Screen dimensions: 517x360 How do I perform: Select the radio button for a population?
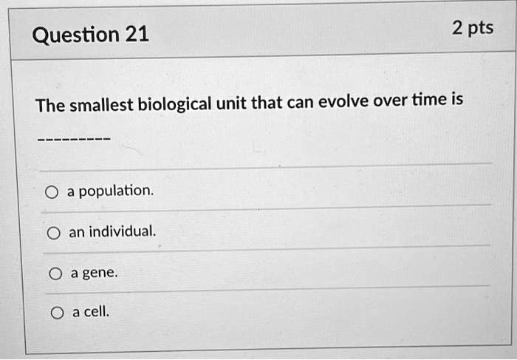click(x=52, y=192)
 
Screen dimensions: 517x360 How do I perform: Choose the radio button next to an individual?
click(x=54, y=233)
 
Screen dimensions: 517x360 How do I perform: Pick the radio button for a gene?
click(x=55, y=274)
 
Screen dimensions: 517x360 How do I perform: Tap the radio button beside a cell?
click(x=58, y=313)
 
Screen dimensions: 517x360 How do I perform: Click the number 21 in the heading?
click(x=137, y=34)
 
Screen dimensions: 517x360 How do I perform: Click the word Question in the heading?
click(x=76, y=35)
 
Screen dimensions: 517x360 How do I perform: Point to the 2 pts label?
click(x=473, y=27)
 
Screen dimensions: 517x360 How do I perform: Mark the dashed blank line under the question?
click(x=74, y=139)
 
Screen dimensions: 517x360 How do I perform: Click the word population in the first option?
click(x=117, y=191)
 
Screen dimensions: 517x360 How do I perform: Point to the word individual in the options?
click(x=123, y=231)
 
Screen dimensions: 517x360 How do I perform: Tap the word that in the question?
click(x=267, y=103)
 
